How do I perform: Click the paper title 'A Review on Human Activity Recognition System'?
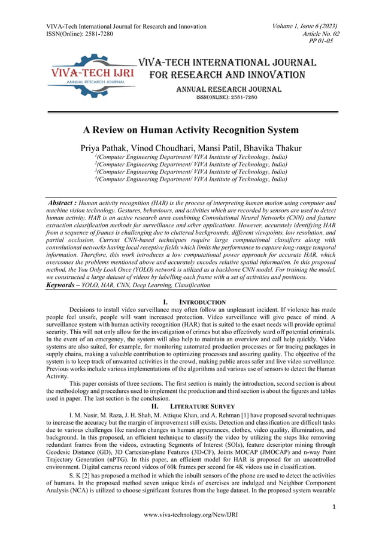190,130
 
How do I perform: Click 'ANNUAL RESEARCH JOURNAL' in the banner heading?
228,89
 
